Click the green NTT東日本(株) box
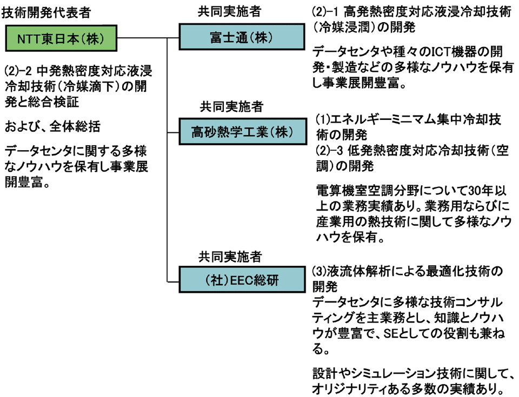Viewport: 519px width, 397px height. tap(60, 38)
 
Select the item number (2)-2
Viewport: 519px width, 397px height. tap(19, 71)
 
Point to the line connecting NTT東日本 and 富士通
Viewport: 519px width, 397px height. tap(149, 38)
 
